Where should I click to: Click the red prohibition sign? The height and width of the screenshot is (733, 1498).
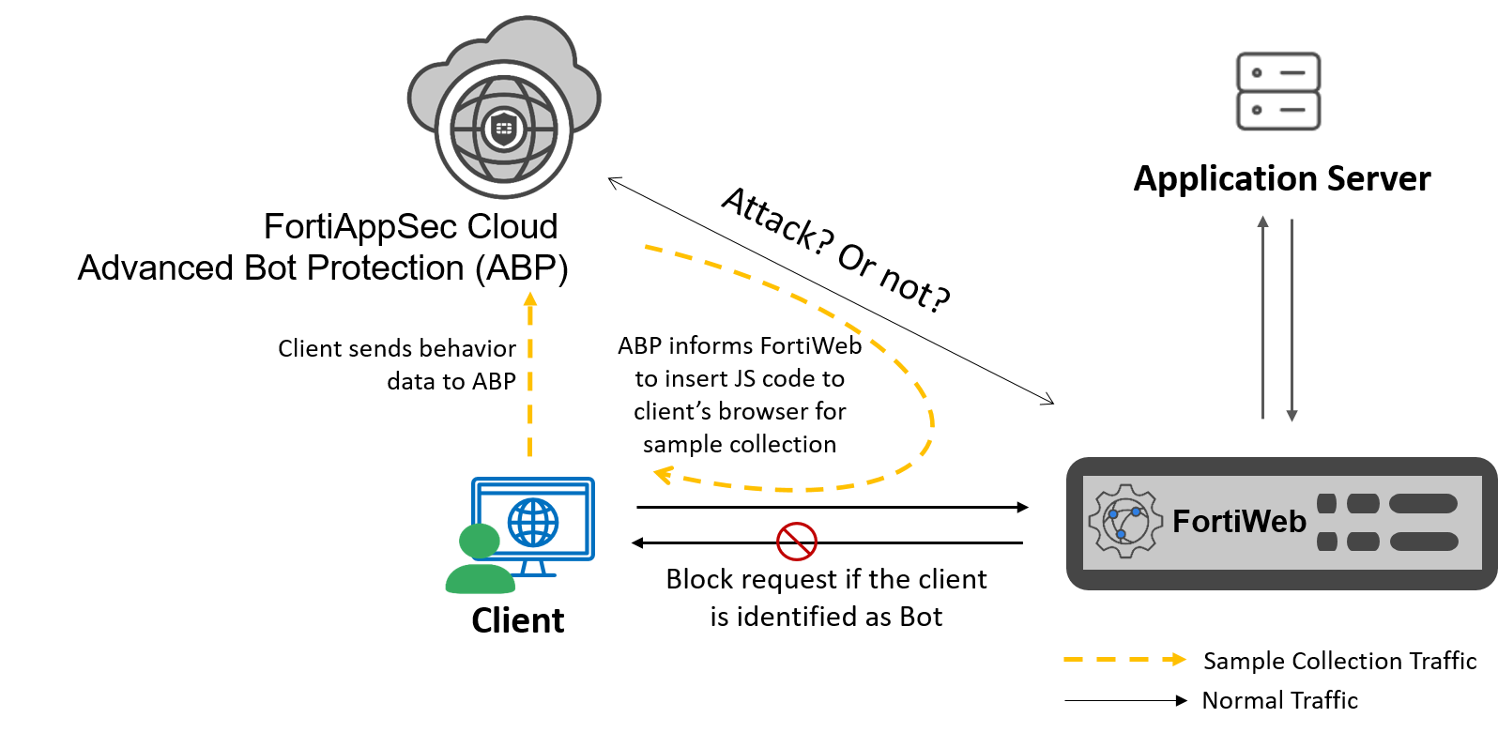click(797, 542)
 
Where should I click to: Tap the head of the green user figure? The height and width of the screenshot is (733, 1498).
click(479, 541)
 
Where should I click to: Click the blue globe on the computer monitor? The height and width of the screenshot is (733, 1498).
click(533, 522)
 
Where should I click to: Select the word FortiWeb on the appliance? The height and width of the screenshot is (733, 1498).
click(1239, 521)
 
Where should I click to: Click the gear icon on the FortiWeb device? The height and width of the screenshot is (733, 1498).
click(1125, 522)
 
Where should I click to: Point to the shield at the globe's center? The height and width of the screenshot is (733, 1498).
click(504, 128)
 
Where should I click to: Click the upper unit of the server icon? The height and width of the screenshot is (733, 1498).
click(1278, 72)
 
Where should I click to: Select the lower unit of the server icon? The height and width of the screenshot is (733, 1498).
click(1278, 110)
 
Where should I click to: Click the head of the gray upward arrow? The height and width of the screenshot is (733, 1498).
click(1263, 221)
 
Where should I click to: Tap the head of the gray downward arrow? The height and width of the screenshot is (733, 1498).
click(1292, 416)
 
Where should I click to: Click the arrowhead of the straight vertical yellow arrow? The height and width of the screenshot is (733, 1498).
click(530, 298)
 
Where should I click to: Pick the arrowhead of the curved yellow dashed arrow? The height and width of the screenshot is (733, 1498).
click(663, 474)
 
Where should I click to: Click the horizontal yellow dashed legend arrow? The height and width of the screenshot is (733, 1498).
click(1124, 660)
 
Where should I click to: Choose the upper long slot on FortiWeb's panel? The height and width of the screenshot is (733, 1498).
click(1423, 504)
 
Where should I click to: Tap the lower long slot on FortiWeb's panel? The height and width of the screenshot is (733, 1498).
click(1423, 542)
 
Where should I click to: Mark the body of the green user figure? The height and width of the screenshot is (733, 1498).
click(480, 579)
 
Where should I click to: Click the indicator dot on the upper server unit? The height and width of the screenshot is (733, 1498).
click(1257, 72)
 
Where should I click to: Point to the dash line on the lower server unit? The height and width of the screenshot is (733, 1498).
click(1292, 110)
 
